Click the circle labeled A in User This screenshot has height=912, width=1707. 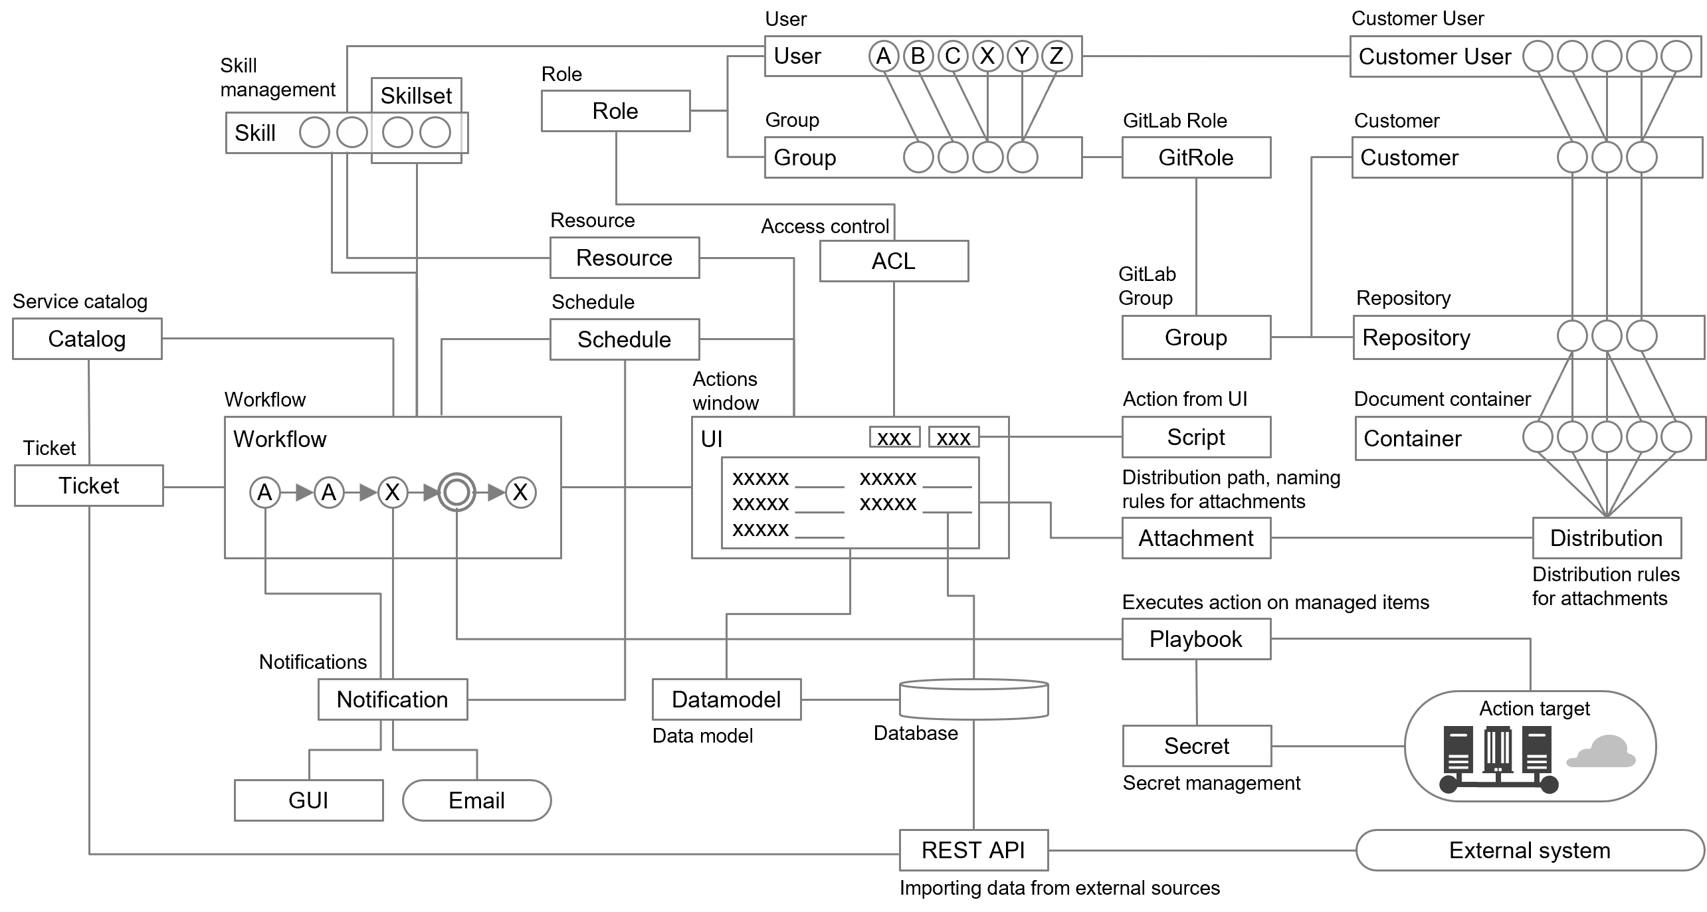pyautogui.click(x=883, y=56)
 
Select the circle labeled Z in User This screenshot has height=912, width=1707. pyautogui.click(x=1056, y=56)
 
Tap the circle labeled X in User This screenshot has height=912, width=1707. pyautogui.click(x=987, y=56)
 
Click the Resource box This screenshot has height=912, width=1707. pyautogui.click(x=624, y=258)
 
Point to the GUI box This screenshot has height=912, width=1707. pyautogui.click(x=308, y=800)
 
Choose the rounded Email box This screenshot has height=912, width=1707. pyautogui.click(x=476, y=800)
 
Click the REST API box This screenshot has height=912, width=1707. pyautogui.click(x=973, y=850)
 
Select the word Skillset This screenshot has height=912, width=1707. pyautogui.click(x=416, y=96)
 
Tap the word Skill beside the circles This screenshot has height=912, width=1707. pyautogui.click(x=254, y=134)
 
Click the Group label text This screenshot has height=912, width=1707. pyautogui.click(x=805, y=158)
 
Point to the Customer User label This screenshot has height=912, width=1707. pyautogui.click(x=1435, y=57)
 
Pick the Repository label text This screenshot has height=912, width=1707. pyautogui.click(x=1416, y=337)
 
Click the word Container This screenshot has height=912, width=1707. pyautogui.click(x=1412, y=438)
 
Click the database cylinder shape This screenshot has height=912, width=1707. pyautogui.click(x=973, y=699)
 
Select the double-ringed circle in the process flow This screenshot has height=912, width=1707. pyautogui.click(x=456, y=493)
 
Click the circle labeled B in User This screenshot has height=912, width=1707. pyautogui.click(x=918, y=56)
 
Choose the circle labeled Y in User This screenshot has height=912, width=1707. pyautogui.click(x=1022, y=56)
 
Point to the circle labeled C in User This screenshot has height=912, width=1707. pyautogui.click(x=952, y=56)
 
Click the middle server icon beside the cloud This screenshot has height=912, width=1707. pyautogui.click(x=1498, y=751)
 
